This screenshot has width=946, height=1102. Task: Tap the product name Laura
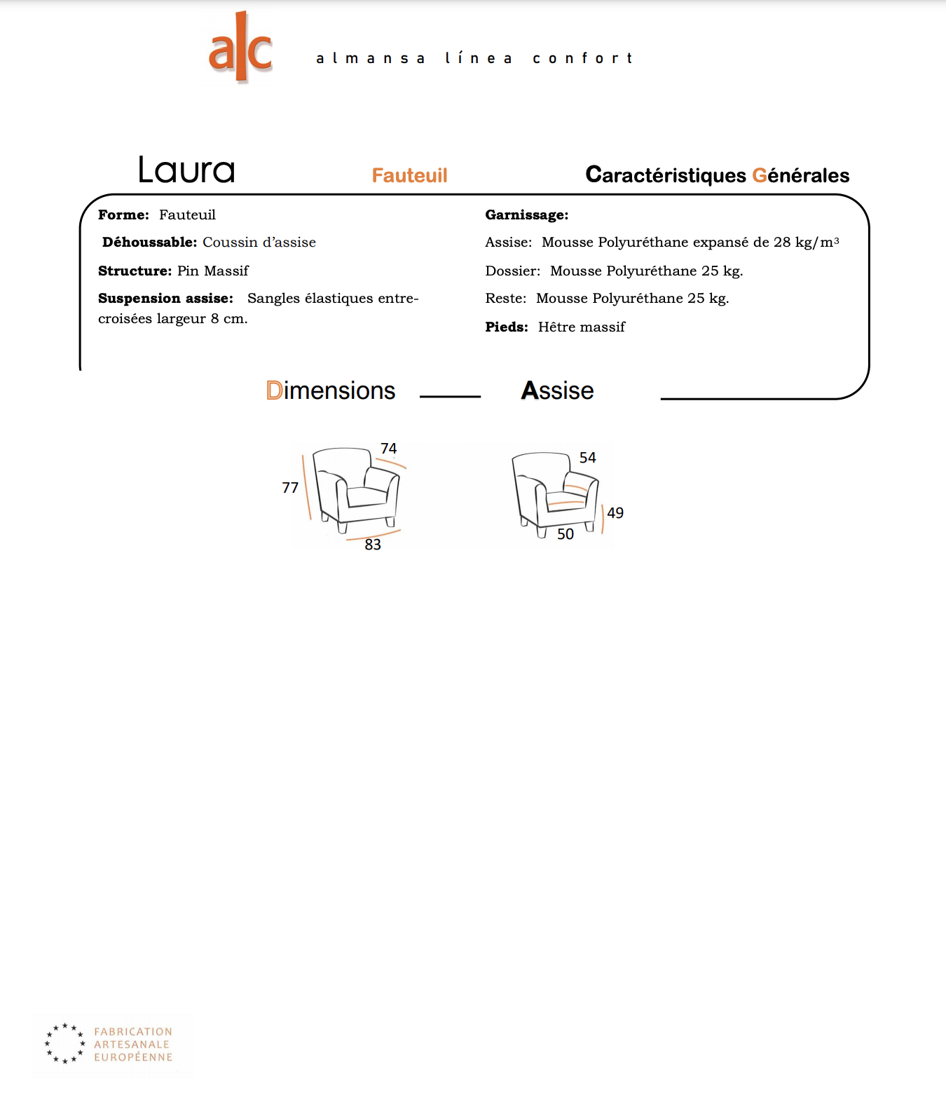click(186, 170)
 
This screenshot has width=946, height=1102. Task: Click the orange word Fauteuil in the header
click(409, 175)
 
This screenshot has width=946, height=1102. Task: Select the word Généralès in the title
click(800, 175)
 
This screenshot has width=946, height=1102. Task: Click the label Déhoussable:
click(150, 242)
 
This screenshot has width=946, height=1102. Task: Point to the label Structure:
click(135, 271)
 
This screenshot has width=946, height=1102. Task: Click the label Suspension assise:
click(166, 299)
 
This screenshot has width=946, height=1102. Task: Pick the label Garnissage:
click(526, 215)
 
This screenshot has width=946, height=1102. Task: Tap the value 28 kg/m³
click(806, 242)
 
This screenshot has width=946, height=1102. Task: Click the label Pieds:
click(507, 327)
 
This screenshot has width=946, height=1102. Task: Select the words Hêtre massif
click(582, 327)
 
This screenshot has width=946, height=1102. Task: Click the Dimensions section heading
click(331, 390)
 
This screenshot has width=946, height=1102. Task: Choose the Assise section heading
click(557, 390)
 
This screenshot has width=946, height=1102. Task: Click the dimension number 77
click(290, 488)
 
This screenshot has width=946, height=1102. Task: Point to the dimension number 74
click(388, 449)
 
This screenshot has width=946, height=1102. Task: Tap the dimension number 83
click(373, 544)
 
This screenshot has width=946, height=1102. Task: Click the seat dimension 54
click(587, 458)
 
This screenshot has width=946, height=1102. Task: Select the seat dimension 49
click(615, 513)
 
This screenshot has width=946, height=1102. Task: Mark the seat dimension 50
click(565, 534)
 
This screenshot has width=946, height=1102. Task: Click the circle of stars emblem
click(64, 1043)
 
